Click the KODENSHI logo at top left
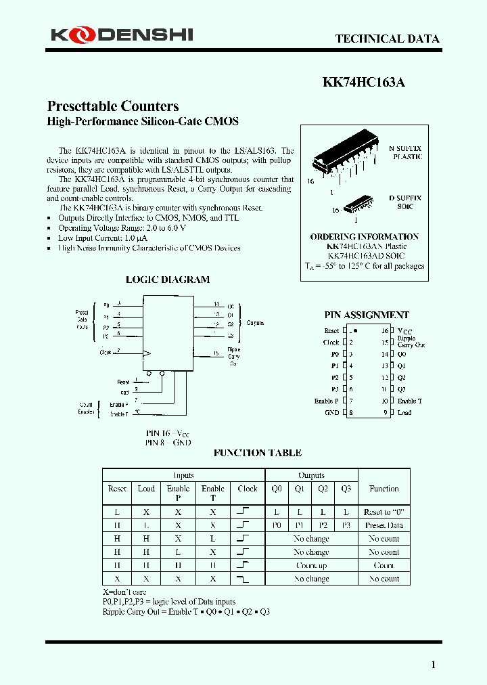(120, 34)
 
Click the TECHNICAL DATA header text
(387, 39)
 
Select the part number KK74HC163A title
(363, 83)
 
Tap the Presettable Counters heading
(113, 106)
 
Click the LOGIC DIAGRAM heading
(168, 280)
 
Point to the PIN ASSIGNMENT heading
(367, 315)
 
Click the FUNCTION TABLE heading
(257, 453)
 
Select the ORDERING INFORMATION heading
(365, 237)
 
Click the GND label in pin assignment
(331, 412)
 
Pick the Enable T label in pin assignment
(409, 401)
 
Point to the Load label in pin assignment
(404, 412)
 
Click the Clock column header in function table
(248, 489)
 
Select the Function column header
(384, 489)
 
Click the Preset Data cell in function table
(384, 525)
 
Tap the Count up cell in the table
(311, 565)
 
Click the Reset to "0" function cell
(384, 512)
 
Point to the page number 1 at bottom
(434, 665)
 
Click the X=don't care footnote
(124, 592)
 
